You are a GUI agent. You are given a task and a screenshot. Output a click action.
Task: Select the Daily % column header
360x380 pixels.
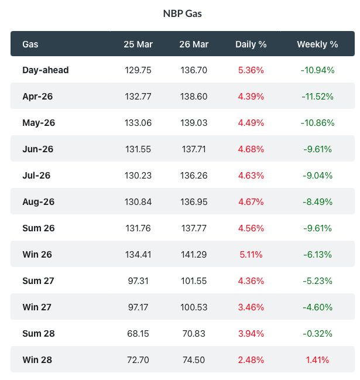pos(251,44)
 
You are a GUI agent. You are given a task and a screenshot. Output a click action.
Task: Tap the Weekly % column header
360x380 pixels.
pos(317,44)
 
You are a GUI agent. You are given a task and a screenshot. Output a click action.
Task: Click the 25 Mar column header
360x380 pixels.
pos(138,44)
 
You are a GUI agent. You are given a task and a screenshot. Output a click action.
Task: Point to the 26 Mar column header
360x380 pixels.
pos(194,44)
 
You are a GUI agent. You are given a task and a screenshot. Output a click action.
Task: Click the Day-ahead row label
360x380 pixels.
pos(46,70)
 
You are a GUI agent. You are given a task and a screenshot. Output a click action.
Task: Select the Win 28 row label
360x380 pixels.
pos(37,360)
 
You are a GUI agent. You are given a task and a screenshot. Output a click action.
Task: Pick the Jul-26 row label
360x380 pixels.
pos(37,175)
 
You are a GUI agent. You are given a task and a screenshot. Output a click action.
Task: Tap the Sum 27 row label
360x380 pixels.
pos(38,280)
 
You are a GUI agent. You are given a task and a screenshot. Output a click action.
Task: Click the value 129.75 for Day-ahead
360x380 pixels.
pos(138,70)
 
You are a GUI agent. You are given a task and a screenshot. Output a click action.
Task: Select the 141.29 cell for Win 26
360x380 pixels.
pos(194,254)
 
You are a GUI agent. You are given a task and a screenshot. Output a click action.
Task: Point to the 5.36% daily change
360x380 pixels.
pos(251,70)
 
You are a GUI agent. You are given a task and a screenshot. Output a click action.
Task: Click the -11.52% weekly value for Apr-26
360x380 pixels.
pos(317,97)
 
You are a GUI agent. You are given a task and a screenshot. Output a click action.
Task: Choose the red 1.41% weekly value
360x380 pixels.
pos(317,360)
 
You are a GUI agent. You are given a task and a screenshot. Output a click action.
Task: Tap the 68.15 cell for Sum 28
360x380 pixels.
pos(138,333)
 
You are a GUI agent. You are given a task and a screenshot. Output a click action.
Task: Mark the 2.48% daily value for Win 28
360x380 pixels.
pos(251,360)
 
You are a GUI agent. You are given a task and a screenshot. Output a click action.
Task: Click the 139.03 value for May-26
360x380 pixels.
pos(194,123)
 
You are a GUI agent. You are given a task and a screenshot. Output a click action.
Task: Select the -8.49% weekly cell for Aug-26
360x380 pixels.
pos(317,201)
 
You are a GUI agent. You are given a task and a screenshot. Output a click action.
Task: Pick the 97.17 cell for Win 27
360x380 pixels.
pos(138,307)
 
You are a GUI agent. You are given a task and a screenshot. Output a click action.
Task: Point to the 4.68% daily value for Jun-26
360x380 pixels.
pos(251,149)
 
